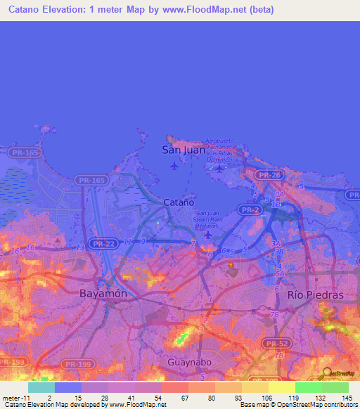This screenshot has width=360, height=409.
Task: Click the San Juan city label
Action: [x=184, y=150]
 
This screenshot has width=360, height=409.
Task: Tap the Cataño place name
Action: [x=179, y=202]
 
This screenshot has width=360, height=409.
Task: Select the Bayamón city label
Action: [x=103, y=294]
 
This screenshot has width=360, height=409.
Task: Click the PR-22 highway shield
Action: [x=103, y=243]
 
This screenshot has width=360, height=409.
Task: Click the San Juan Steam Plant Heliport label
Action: [x=210, y=219]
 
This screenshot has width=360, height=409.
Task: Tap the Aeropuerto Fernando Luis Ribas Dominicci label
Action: [x=223, y=150]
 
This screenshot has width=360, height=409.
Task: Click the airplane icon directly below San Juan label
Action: [x=174, y=166]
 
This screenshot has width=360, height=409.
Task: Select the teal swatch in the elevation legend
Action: [x=41, y=387]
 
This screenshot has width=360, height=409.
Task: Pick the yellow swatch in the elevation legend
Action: [x=281, y=387]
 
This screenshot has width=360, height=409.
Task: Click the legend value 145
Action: [x=347, y=397]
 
